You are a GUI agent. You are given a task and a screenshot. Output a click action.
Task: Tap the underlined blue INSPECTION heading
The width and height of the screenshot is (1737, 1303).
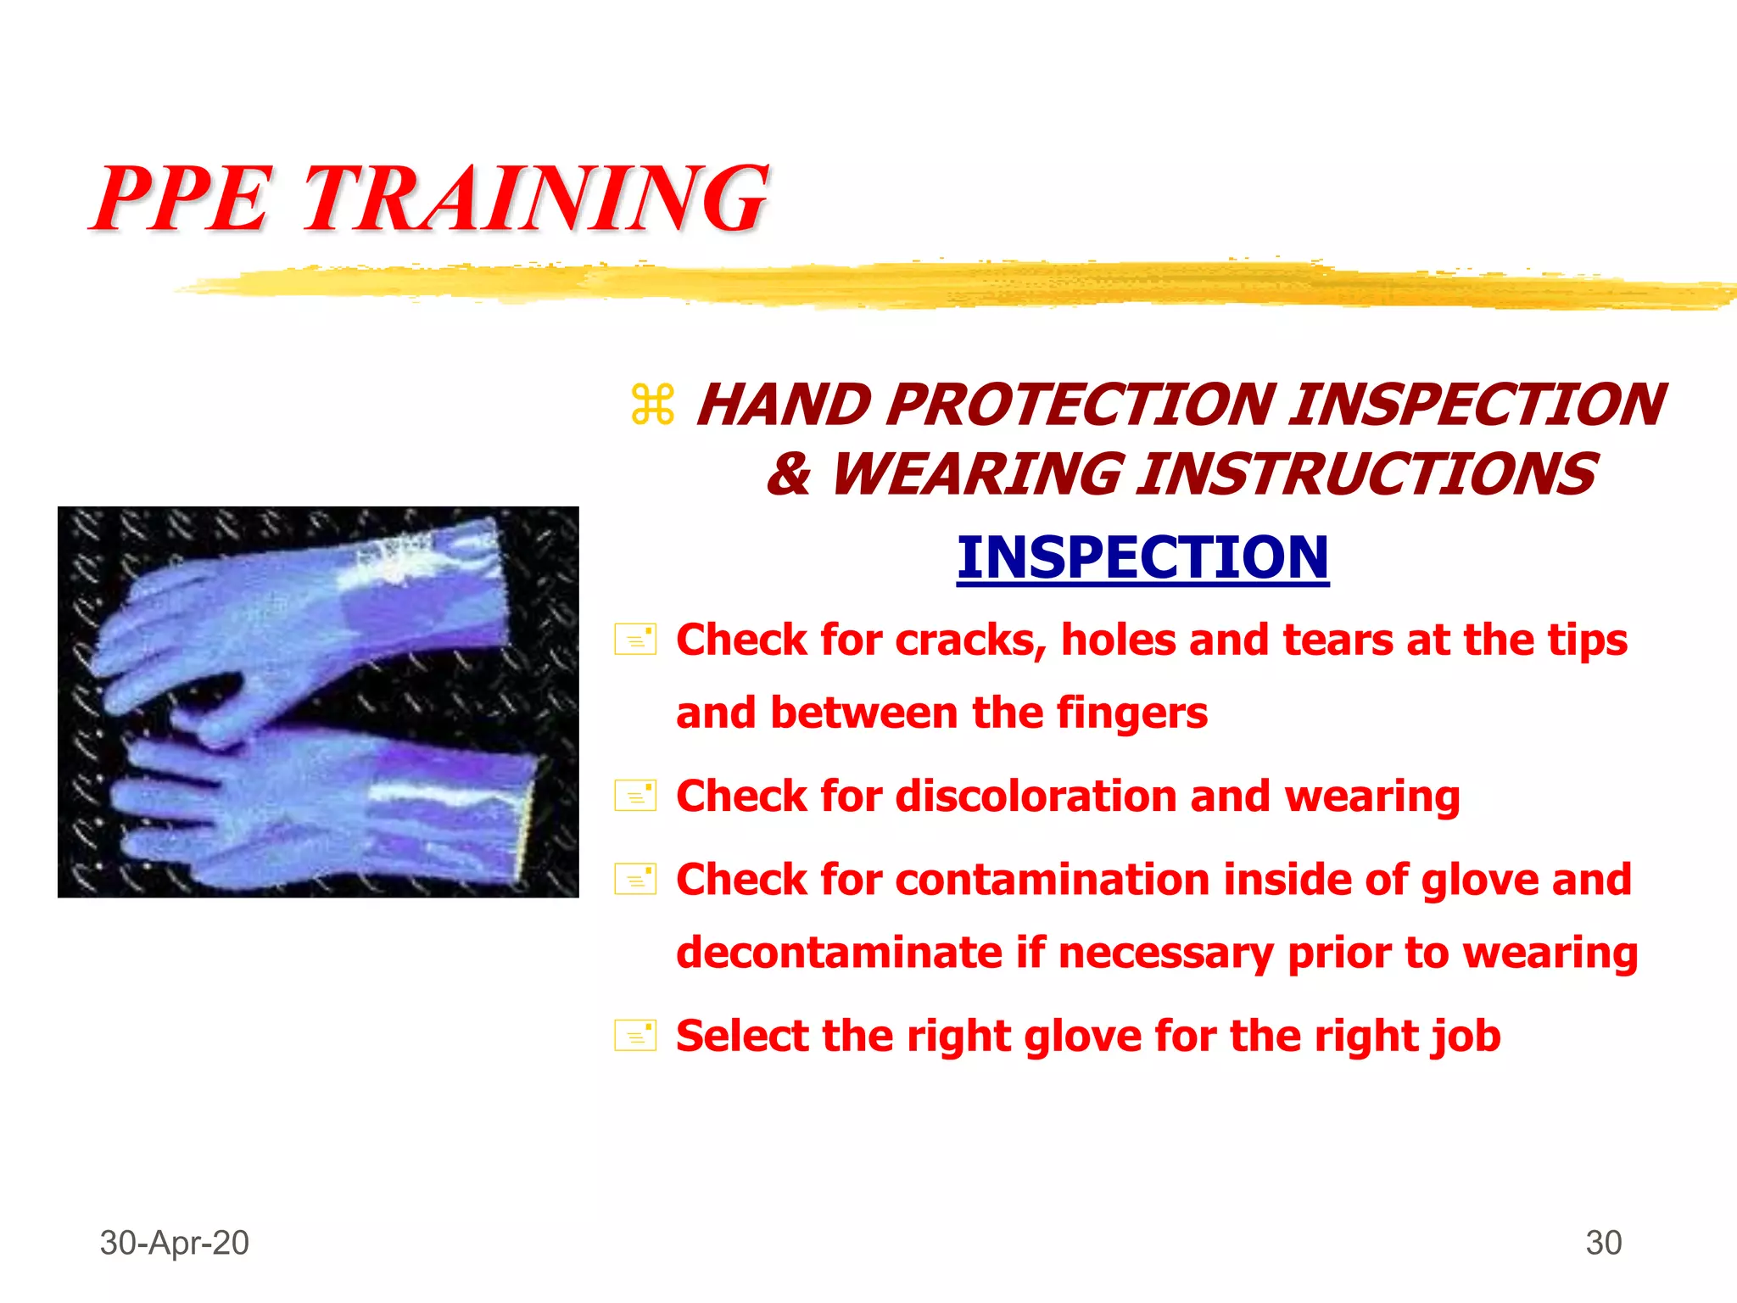(x=1142, y=557)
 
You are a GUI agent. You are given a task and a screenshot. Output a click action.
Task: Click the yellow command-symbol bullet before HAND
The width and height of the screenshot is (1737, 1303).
(x=652, y=405)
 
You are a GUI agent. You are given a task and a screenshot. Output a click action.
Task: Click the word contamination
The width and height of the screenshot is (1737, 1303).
(x=1052, y=880)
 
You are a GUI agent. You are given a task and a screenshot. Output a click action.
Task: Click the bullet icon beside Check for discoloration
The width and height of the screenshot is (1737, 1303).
(x=635, y=796)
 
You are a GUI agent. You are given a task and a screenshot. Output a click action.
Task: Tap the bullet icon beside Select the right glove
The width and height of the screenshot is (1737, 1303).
(x=635, y=1035)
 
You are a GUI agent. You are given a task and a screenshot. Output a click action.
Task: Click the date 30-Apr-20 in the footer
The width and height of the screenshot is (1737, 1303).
(x=174, y=1243)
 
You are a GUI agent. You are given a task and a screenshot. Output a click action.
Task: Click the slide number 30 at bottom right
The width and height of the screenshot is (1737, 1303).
(x=1603, y=1243)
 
